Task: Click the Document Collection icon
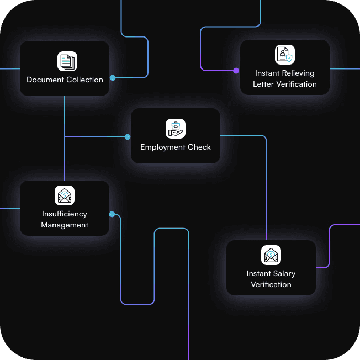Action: [67, 61]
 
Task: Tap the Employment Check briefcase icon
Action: [176, 129]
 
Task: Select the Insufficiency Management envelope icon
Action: [65, 195]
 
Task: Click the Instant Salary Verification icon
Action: [271, 255]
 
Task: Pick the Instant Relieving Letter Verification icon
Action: [285, 55]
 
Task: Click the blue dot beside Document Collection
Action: [113, 78]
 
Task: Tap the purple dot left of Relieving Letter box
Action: [236, 71]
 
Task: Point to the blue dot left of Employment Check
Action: [128, 136]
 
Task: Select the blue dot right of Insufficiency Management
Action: [112, 214]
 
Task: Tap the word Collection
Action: [84, 80]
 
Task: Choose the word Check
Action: [200, 147]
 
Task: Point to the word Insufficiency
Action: [65, 214]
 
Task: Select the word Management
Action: [65, 225]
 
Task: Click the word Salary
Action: [284, 273]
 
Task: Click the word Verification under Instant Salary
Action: [271, 284]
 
